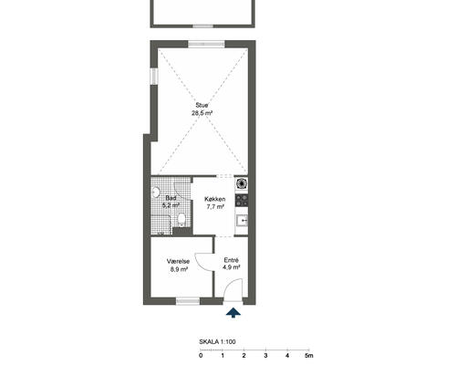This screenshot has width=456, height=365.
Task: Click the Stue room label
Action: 202,105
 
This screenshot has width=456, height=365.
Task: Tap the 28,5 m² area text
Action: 202,113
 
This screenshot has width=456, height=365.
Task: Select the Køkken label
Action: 215,199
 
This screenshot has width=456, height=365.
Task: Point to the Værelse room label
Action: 178,261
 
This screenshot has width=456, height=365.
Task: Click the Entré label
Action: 232,260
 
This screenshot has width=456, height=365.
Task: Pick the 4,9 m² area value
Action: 232,267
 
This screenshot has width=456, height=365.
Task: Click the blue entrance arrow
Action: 233,313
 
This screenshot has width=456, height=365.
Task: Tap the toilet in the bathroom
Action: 181,220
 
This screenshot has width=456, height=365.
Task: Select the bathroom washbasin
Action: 156,193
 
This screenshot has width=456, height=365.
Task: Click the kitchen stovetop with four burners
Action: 242,200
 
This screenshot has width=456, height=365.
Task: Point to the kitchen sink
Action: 243,220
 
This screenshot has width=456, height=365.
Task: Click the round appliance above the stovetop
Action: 242,183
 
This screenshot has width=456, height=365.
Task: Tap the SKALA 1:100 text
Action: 217,342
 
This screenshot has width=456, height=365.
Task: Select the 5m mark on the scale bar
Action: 309,355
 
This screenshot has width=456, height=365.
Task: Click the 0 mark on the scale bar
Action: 201,355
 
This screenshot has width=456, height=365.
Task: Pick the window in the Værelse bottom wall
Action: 188,301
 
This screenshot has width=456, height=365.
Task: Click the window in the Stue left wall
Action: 154,77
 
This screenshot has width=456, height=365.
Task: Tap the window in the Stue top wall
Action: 206,44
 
